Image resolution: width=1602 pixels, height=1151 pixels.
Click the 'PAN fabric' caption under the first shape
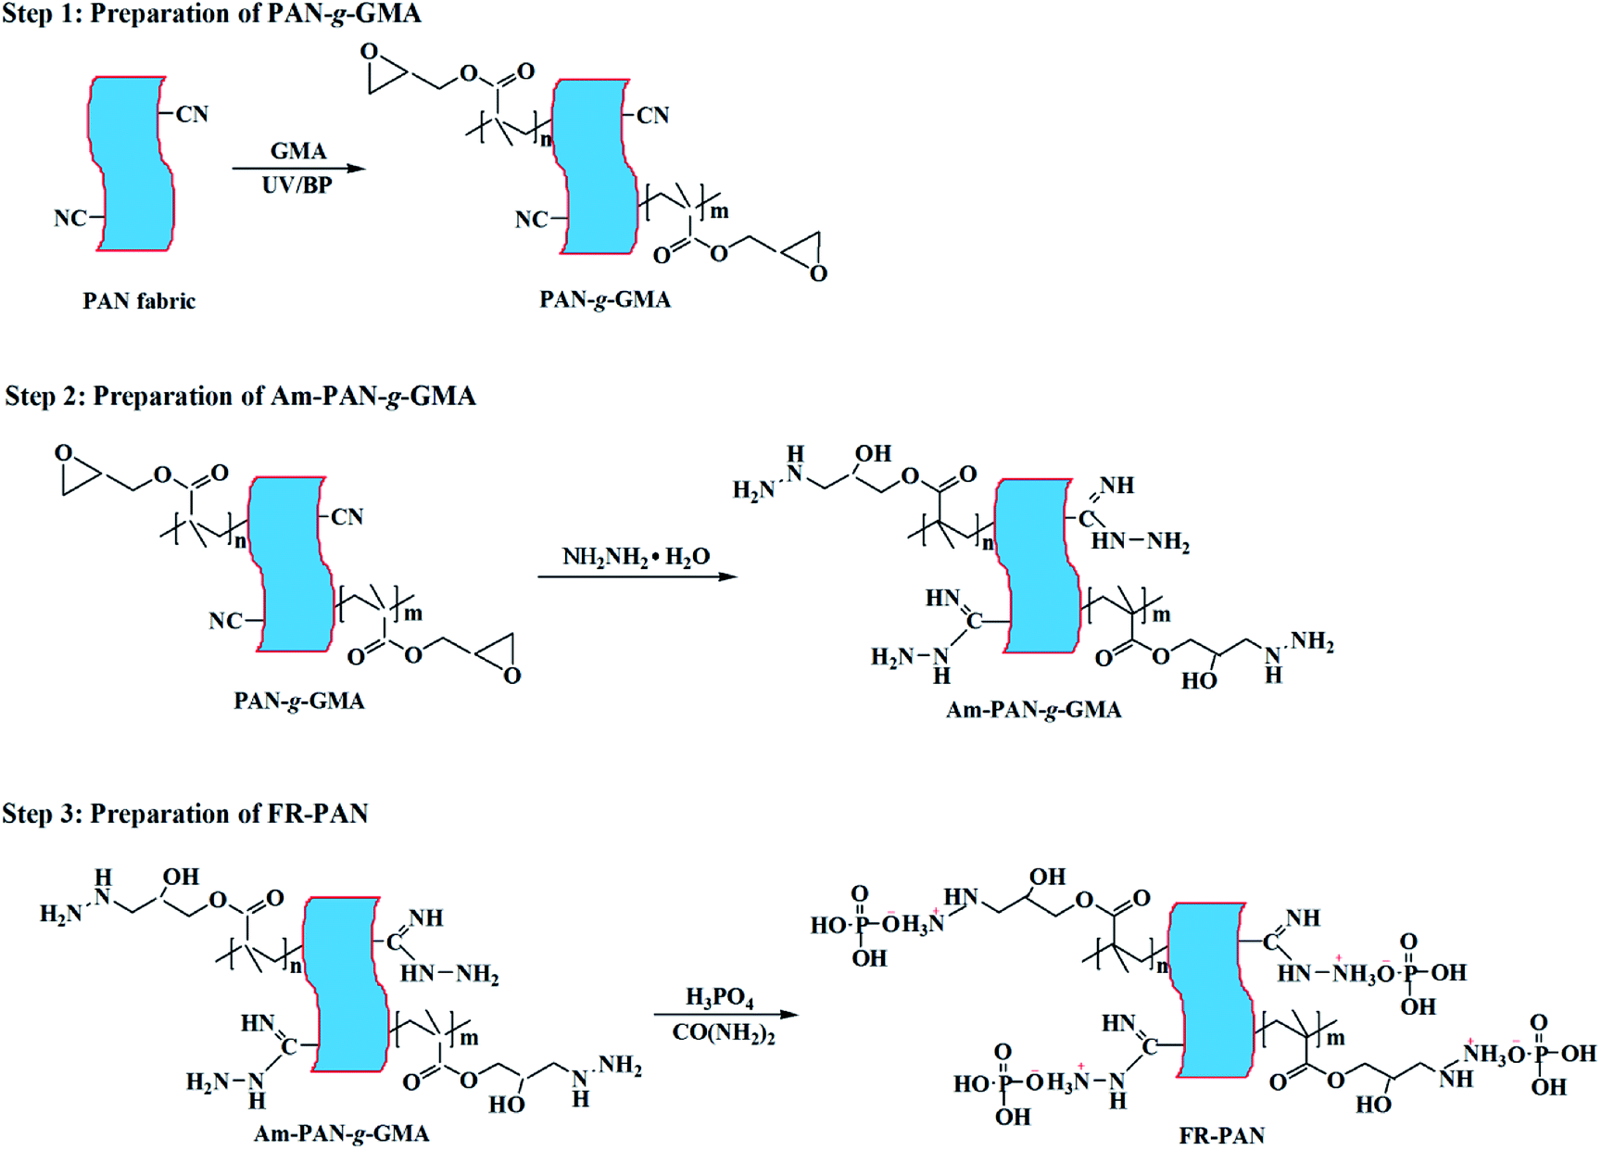click(139, 301)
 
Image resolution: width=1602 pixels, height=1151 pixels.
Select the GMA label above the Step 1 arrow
click(298, 150)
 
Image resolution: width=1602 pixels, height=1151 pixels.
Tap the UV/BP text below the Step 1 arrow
click(296, 185)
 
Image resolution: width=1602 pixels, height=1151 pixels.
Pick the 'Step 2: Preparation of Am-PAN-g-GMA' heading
click(240, 397)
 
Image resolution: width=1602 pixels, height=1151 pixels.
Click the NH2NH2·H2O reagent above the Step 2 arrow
click(636, 557)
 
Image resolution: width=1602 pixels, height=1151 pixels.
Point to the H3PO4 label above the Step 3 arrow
click(719, 997)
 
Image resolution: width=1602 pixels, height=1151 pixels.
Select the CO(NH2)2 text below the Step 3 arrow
click(724, 1033)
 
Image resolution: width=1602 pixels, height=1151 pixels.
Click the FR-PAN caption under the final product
click(1221, 1135)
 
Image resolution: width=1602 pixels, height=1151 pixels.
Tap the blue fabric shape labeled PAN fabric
click(131, 164)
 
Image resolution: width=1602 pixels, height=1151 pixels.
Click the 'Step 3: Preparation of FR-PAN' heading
click(184, 814)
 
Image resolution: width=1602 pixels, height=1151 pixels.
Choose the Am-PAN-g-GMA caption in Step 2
click(1033, 710)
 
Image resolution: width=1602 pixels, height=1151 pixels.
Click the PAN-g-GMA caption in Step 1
click(605, 300)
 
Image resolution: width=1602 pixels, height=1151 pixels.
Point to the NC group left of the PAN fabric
click(70, 219)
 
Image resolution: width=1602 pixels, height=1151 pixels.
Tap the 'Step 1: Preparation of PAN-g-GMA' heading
click(211, 14)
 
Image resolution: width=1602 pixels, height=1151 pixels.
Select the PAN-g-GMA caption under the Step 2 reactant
click(299, 702)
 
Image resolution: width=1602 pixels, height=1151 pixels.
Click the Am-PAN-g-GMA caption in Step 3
click(341, 1133)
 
